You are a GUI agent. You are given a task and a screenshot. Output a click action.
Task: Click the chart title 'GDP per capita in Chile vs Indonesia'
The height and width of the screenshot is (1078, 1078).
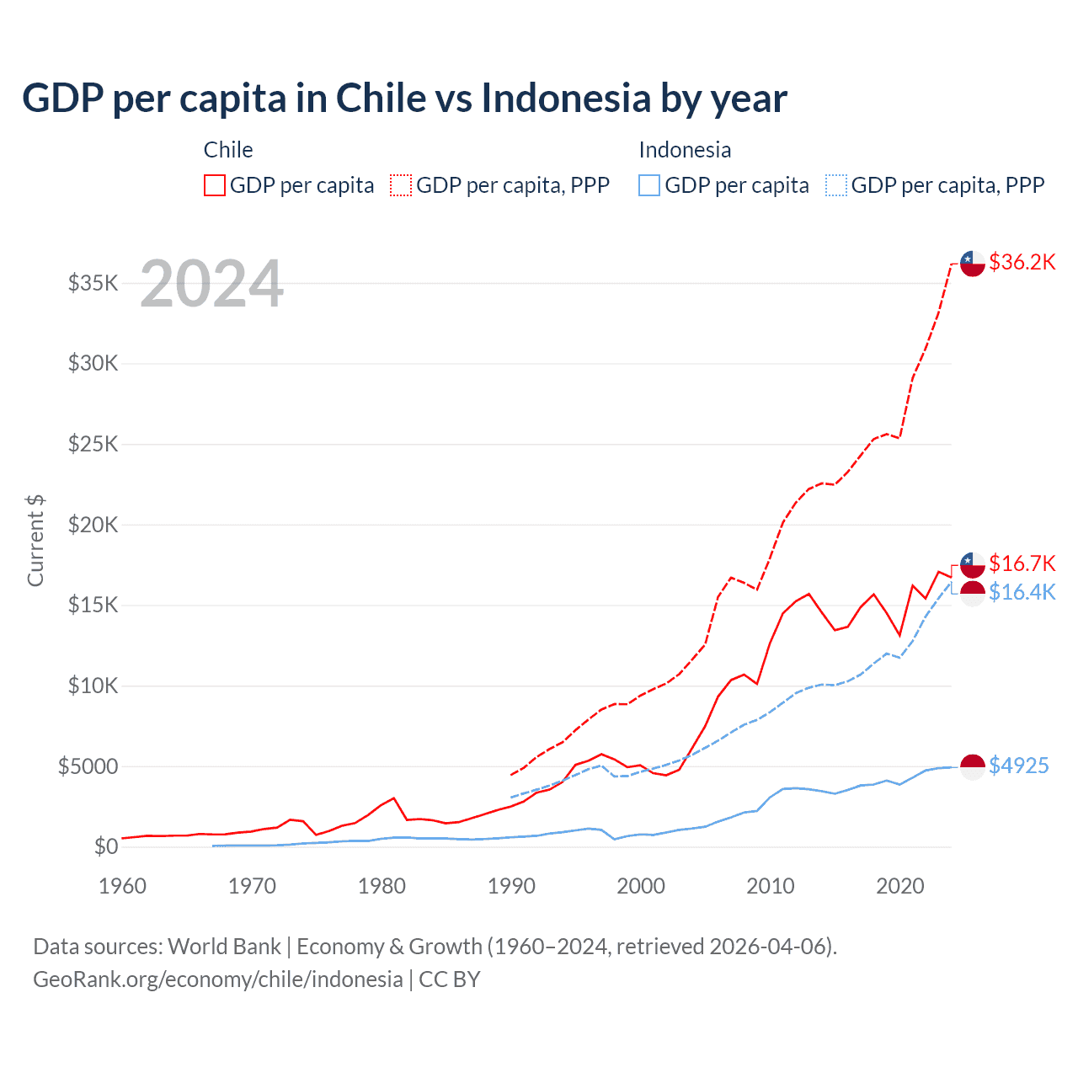point(404,99)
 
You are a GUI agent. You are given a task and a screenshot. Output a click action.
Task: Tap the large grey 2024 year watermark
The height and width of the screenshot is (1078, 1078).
point(211,285)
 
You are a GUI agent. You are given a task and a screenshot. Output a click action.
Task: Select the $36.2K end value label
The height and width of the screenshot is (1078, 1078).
point(1022,262)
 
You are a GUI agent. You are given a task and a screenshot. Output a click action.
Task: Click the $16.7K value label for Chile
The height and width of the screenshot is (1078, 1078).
point(1022,563)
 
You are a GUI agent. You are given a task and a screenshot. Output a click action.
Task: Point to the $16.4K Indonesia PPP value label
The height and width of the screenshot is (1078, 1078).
point(1022,592)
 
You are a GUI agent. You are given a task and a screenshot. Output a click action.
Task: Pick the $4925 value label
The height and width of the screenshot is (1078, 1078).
point(1018,766)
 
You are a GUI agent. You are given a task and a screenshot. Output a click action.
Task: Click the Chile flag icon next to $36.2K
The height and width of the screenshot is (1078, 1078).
point(973,263)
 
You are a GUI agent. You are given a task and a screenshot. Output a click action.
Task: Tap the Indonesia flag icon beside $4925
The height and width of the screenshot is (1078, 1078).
point(973,766)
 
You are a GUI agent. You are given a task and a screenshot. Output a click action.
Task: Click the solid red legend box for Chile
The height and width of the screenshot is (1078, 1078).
point(215,185)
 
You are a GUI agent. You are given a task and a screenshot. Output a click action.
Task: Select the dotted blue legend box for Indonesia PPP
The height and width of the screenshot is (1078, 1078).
point(836,185)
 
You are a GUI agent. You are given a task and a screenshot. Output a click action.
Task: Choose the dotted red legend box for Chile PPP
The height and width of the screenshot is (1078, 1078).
point(401,185)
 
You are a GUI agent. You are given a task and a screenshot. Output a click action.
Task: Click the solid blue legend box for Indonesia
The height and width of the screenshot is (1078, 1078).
point(649,185)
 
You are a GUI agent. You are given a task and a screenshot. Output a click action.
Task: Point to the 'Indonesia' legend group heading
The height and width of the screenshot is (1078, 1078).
point(685,150)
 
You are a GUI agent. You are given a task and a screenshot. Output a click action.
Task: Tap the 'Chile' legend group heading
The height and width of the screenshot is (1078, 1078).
point(228,150)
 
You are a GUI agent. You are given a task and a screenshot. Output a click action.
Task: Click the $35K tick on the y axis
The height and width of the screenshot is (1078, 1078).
point(93,283)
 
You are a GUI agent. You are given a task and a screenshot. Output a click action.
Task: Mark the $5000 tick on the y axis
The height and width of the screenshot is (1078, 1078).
point(88,766)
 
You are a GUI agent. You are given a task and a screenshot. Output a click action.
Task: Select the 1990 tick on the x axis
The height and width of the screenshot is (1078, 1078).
point(511,886)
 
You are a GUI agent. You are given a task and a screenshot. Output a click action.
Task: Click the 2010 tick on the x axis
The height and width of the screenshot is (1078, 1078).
point(771,886)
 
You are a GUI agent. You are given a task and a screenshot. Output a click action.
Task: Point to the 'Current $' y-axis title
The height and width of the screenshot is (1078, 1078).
point(35,541)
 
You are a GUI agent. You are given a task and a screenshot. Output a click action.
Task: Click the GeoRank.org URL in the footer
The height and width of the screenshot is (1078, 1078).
point(218,979)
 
